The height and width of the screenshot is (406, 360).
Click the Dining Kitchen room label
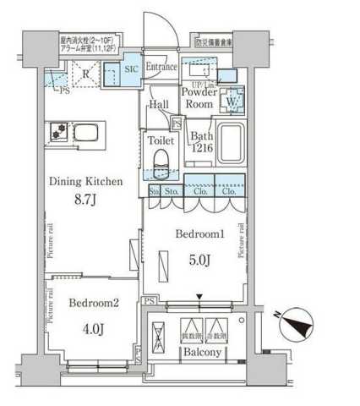(86, 180)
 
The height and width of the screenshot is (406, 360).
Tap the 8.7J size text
(85, 201)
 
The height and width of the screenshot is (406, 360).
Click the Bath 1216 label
(200, 142)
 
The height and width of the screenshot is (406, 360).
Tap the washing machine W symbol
(230, 104)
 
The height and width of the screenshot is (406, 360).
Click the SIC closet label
(132, 69)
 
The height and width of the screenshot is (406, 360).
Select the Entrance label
(161, 67)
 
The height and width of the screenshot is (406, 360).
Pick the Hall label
(159, 105)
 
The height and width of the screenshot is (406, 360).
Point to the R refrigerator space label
(86, 73)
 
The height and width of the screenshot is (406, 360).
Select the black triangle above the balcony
(199, 296)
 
